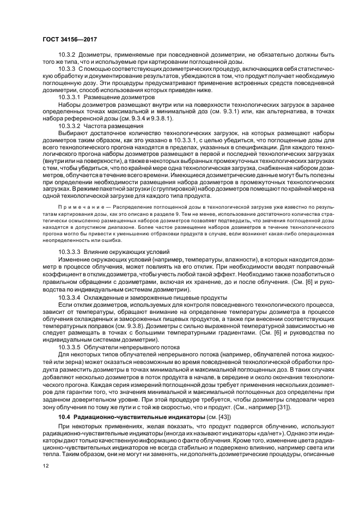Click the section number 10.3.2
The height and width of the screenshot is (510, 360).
[x=68, y=55]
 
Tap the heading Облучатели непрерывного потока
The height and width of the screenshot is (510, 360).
[x=131, y=345]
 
